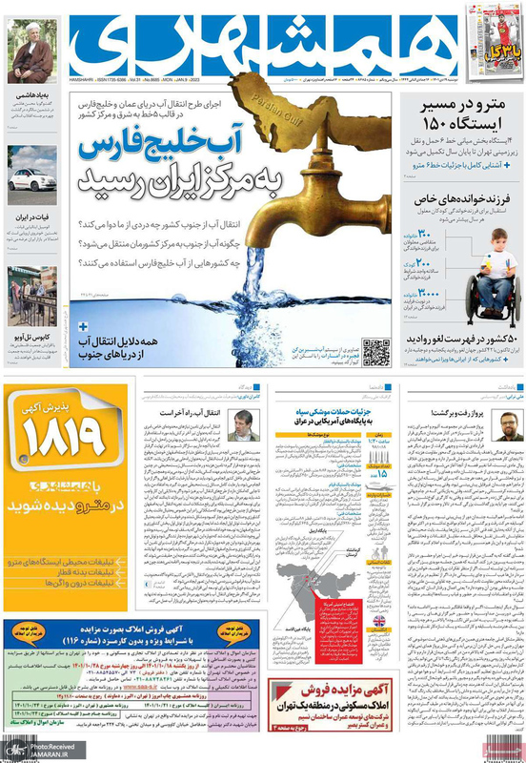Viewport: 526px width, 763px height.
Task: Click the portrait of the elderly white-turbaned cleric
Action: tap(31, 52)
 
